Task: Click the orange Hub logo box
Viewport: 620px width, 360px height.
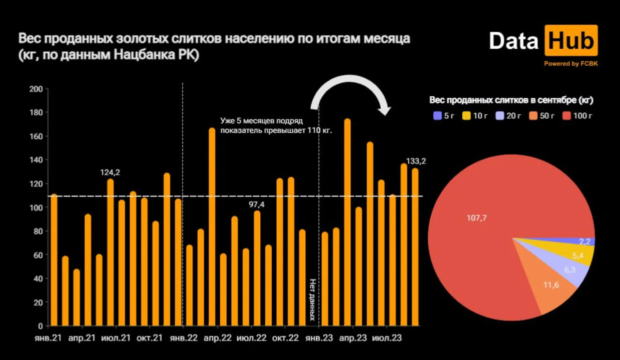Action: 571,41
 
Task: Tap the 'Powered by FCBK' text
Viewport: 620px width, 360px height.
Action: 570,64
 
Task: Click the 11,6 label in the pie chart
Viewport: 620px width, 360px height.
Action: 551,285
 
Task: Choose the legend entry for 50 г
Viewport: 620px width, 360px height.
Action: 542,116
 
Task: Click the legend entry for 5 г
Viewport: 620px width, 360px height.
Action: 444,116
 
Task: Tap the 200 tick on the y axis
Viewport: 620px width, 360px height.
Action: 36,89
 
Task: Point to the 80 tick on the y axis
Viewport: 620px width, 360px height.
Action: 38,231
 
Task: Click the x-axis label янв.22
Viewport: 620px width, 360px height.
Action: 184,338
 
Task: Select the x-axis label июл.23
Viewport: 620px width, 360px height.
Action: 387,338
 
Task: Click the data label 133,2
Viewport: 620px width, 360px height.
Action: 416,161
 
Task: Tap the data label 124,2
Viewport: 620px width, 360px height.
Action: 110,172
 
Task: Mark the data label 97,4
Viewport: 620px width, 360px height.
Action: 256,205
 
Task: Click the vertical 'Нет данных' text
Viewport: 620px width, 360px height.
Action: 312,300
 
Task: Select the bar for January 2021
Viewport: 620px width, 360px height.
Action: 54,260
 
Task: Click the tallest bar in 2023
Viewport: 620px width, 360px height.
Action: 347,223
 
